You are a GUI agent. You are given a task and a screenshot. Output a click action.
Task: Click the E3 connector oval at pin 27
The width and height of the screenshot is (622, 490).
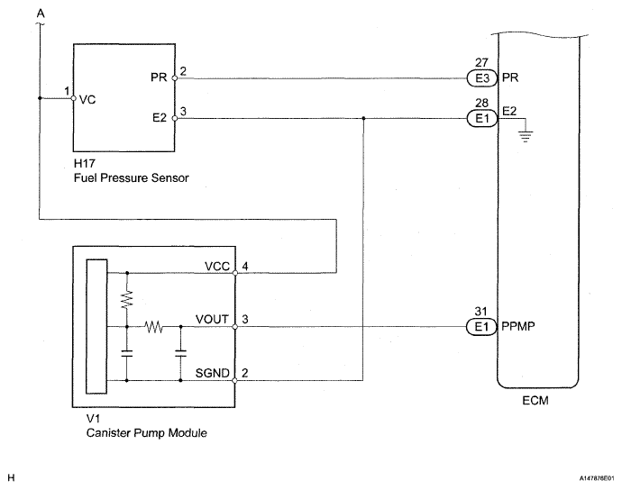coord(481,78)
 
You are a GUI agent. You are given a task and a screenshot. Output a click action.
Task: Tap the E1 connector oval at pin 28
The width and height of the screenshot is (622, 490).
coord(482,119)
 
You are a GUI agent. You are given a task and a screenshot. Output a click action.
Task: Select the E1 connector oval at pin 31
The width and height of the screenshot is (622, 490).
coord(481,327)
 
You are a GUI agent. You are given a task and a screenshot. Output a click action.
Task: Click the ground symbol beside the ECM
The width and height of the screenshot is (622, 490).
coord(526,137)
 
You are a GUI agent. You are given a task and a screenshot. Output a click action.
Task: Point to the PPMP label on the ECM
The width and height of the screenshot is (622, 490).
coord(518,326)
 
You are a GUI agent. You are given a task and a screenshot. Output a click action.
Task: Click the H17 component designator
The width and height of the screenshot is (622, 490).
coord(85,163)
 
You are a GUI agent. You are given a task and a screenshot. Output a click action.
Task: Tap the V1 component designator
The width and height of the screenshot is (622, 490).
coord(93,419)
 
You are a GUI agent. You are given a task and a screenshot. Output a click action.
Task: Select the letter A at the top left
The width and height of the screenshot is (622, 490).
coord(41,14)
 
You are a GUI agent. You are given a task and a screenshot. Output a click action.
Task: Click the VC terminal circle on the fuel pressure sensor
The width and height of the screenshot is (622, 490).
coord(73,98)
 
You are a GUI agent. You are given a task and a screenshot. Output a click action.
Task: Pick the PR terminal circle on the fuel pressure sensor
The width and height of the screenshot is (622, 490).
coord(175,78)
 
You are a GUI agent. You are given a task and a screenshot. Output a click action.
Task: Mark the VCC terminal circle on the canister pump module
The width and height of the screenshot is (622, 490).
coord(235,273)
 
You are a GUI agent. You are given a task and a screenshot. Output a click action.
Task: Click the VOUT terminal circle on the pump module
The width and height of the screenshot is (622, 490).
coord(235,327)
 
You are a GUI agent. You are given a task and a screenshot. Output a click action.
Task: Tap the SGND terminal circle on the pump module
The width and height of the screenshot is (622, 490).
coord(235,381)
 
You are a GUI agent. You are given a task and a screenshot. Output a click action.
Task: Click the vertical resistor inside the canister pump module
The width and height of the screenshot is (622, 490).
coord(127,299)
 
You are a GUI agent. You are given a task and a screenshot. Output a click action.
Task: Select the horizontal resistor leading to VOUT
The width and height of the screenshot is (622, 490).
coord(153,327)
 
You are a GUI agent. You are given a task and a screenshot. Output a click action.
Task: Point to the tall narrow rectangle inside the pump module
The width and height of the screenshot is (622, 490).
coord(96,326)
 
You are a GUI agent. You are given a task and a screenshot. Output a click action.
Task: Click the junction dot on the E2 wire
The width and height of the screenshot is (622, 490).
coord(363,118)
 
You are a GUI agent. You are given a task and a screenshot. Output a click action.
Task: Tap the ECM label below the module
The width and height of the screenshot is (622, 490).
coord(535,401)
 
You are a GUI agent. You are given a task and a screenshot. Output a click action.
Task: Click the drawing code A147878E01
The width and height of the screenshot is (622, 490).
coord(596,478)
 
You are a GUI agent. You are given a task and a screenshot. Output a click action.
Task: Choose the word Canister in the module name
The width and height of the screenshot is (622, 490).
coord(109,432)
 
